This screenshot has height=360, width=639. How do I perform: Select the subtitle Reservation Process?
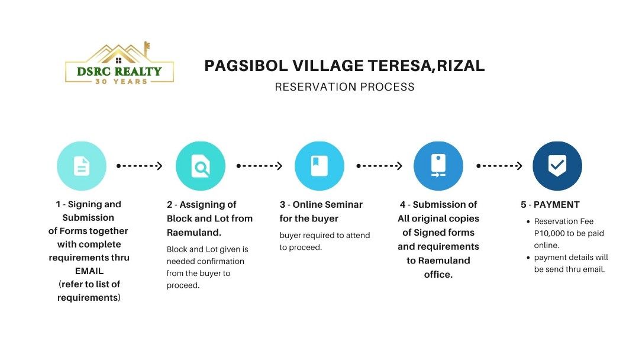(344, 87)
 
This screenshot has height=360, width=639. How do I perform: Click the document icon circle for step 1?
(82, 166)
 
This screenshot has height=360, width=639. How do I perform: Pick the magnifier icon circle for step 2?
(201, 166)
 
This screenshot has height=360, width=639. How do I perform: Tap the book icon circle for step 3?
(319, 166)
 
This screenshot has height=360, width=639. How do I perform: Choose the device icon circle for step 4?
(438, 166)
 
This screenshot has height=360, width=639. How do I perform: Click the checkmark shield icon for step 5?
(557, 166)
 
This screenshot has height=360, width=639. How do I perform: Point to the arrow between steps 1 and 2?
(140, 166)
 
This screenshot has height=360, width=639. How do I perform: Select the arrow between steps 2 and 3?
(259, 166)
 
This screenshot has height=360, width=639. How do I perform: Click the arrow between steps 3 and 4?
(379, 166)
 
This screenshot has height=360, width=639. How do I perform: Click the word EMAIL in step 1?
(89, 271)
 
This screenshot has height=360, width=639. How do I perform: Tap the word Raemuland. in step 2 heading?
(194, 233)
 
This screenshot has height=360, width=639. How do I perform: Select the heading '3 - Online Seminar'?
(321, 205)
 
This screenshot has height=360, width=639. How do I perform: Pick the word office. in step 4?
(438, 275)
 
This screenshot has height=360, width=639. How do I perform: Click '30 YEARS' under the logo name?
(120, 81)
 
